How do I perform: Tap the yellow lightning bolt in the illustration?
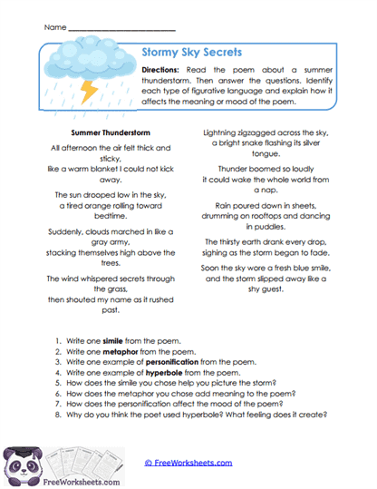(x=91, y=90)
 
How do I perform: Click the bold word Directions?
(x=168, y=71)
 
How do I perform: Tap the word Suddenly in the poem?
(x=67, y=231)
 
